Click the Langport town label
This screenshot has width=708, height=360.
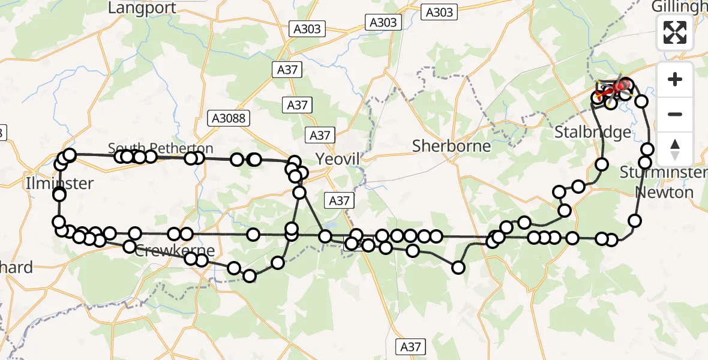click(x=142, y=8)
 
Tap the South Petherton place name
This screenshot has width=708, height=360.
click(x=160, y=148)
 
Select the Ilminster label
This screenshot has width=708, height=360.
click(x=59, y=183)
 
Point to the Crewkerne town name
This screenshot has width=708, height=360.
click(x=166, y=251)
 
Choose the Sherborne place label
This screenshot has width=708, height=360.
click(x=452, y=146)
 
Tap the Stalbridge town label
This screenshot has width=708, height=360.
click(x=592, y=132)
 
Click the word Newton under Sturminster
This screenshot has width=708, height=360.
click(x=664, y=193)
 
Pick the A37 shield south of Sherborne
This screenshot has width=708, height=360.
click(x=410, y=346)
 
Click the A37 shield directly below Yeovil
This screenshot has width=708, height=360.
click(x=339, y=200)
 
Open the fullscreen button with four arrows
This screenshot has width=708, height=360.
click(x=675, y=32)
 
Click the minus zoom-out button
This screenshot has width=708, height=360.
click(x=675, y=114)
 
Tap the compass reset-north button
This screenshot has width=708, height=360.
click(x=675, y=149)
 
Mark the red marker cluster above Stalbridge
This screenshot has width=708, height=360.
click(x=615, y=88)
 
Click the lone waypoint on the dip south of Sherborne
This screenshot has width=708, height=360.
click(x=458, y=268)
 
